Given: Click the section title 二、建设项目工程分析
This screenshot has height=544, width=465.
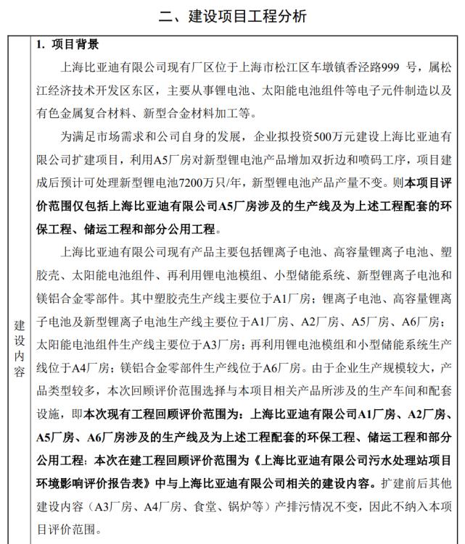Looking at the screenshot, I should click(x=232, y=14).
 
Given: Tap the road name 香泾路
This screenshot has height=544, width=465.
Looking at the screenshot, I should click(x=362, y=68).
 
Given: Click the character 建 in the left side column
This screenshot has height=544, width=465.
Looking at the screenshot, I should click(x=20, y=327).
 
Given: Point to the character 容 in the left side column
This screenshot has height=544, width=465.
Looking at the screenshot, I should click(x=20, y=372).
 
